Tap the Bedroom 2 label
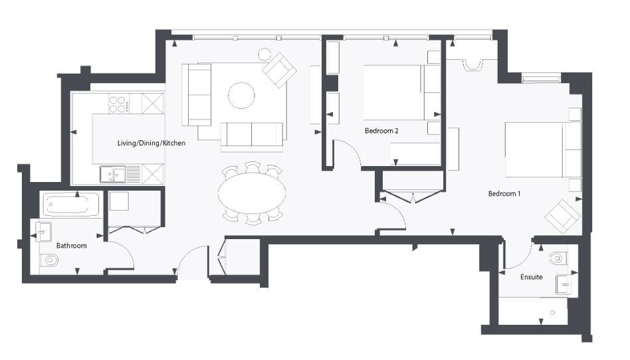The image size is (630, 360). coord(381,131)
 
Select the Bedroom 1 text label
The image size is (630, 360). coord(504,194)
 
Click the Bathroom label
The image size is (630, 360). coord(71,246)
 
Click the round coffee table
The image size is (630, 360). coord(241,95)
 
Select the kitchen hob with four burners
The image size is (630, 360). coord(119,104)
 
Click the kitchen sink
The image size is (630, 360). coord(114,174)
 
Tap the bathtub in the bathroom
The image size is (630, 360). coord(71,205)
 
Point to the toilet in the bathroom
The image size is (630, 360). coord(49,260)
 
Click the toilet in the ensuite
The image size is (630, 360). coord(558,257)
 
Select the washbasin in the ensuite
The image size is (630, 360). coord(564,284)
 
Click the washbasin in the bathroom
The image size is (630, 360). coord(43,231)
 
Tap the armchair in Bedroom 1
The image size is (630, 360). coord(562,216)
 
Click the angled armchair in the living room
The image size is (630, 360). coord(279,70)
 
